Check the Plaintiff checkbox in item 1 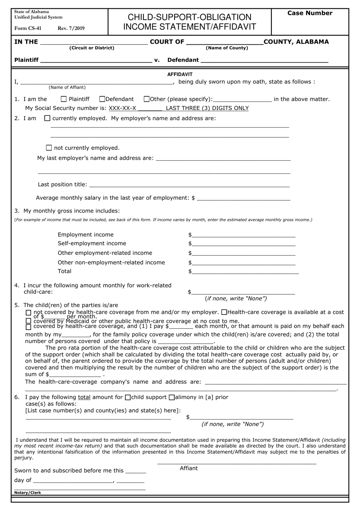coord(64,99)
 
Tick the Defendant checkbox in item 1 coord(102,99)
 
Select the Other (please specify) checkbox coord(147,99)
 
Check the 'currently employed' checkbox coord(47,118)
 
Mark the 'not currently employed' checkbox coord(49,148)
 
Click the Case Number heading coord(310,13)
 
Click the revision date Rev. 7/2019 coord(71,28)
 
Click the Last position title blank coord(189,185)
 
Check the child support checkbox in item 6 coord(128,397)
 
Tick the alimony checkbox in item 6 coord(172,397)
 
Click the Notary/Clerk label coord(28,493)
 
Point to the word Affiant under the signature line coord(189,468)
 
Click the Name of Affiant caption coord(67,88)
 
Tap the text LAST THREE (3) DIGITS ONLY coord(207,108)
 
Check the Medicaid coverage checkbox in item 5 coord(28,321)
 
